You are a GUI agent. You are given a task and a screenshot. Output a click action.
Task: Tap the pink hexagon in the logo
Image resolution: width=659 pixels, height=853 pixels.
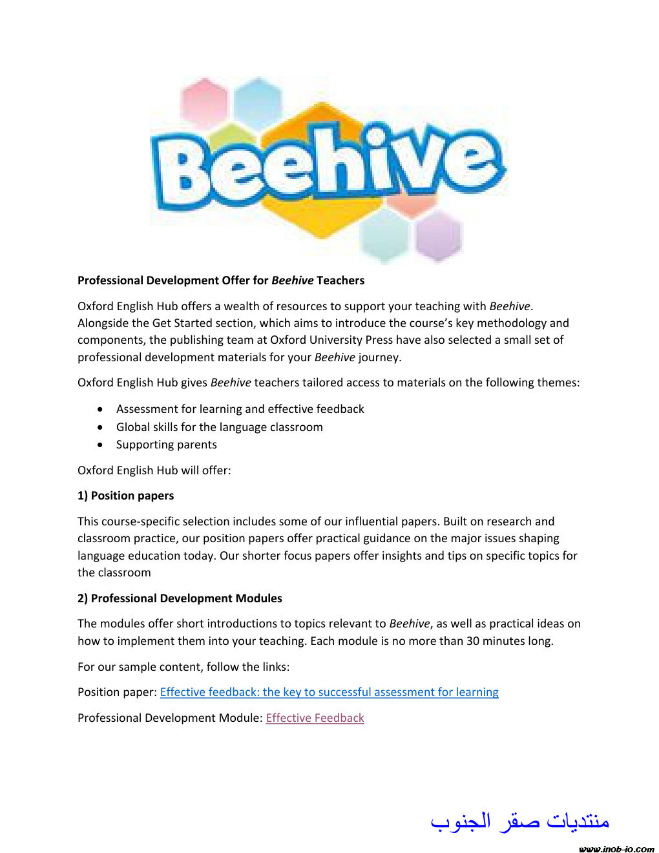[x=204, y=101]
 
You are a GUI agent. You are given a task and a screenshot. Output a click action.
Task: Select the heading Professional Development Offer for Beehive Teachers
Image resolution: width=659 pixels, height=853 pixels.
[x=221, y=280]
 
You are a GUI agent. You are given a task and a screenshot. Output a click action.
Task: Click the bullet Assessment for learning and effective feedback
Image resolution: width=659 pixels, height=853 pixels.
[x=240, y=409]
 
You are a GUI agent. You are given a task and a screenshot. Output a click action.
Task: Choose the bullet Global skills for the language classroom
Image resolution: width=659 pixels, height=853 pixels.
[x=219, y=427]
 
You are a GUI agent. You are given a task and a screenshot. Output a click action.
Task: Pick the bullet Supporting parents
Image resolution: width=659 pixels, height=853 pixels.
[x=166, y=445]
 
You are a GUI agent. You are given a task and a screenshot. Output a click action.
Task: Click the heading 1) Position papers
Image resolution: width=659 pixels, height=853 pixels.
[x=126, y=496]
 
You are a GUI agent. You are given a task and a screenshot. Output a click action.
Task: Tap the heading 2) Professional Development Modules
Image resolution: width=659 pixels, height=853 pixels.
[x=180, y=598]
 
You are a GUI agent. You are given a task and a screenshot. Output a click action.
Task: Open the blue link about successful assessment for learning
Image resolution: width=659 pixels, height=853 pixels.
[x=329, y=692]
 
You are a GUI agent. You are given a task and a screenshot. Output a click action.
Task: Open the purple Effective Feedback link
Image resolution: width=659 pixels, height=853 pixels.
[x=315, y=718]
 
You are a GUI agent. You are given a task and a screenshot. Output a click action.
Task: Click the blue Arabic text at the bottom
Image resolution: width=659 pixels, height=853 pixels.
[x=520, y=821]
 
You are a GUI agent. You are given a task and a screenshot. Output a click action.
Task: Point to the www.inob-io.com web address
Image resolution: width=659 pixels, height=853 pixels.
[x=616, y=848]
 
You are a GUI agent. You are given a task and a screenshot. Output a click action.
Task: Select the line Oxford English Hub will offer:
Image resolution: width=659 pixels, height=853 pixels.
[x=154, y=470]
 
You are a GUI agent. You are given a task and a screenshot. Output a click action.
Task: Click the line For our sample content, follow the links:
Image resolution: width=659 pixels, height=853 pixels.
[x=183, y=667]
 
